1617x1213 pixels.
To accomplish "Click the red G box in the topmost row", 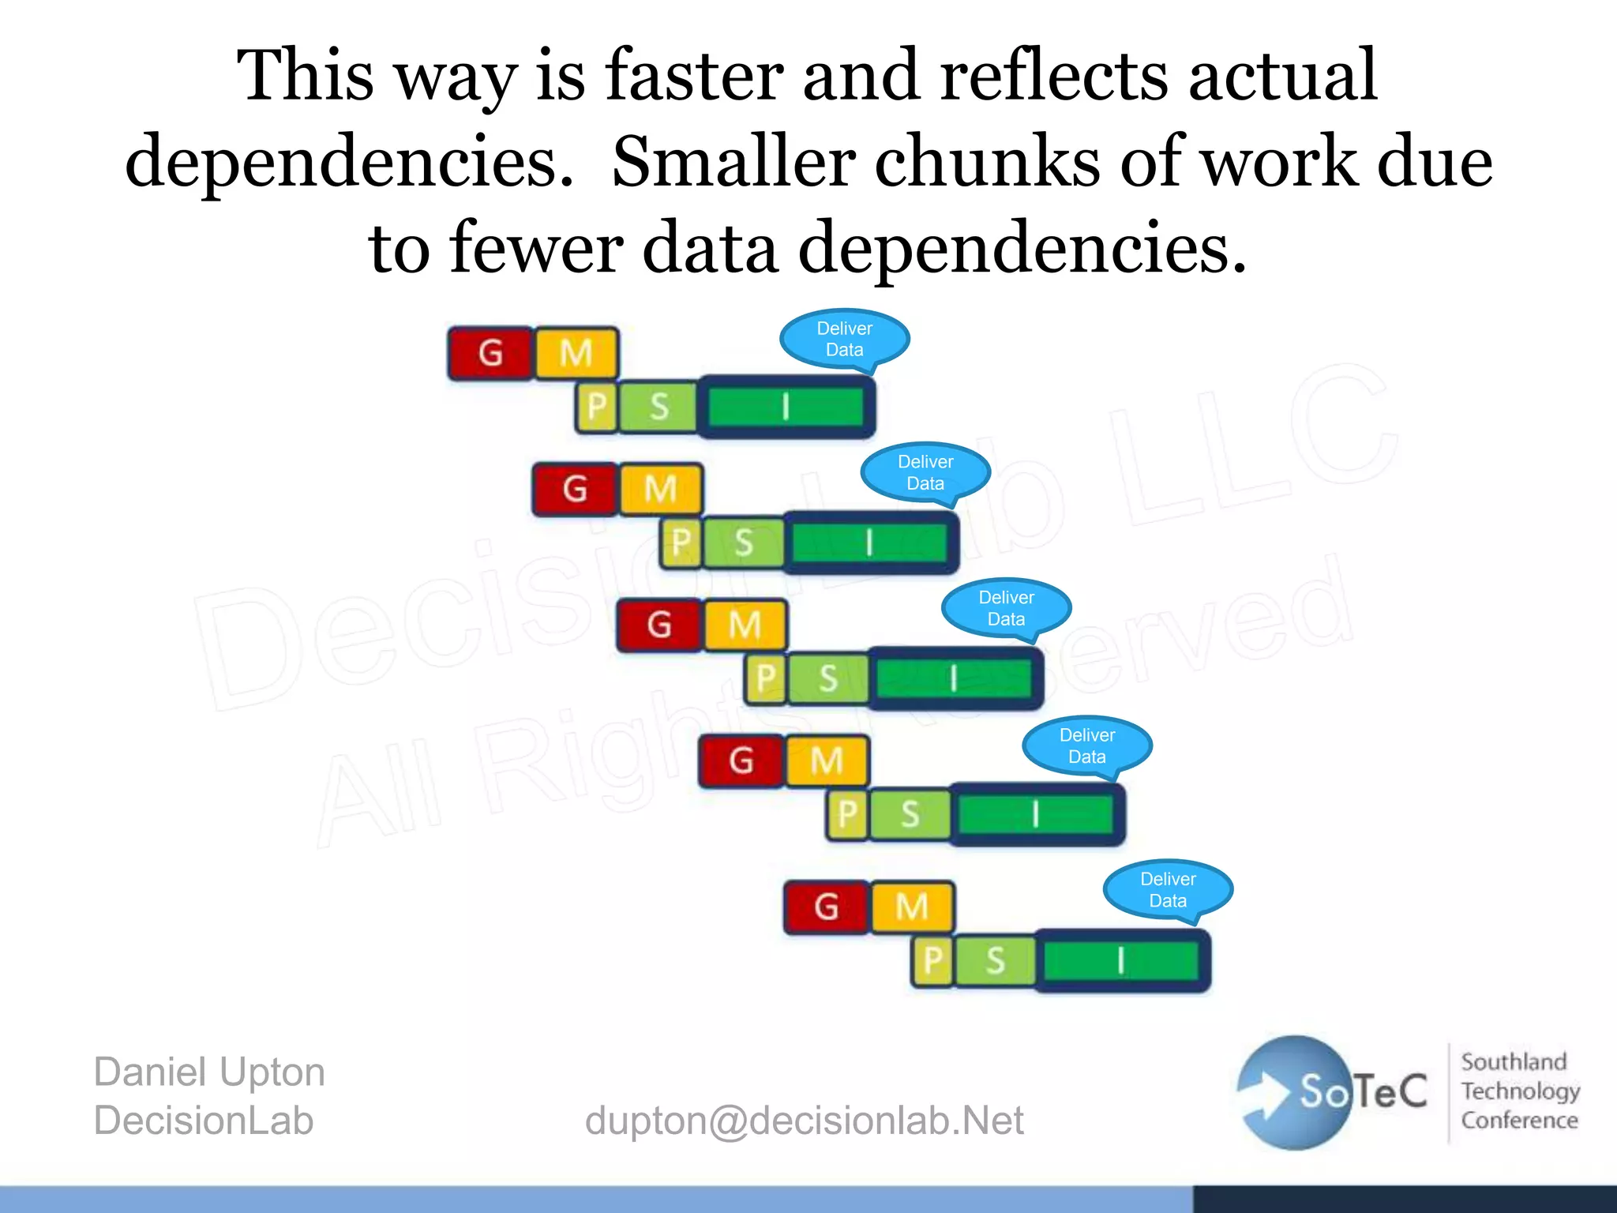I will pyautogui.click(x=490, y=353).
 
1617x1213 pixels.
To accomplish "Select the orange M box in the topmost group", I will pyautogui.click(x=576, y=353).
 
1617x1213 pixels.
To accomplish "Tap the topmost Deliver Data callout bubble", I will pyautogui.click(x=844, y=340).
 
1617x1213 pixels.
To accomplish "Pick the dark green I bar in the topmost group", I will pyautogui.click(x=786, y=407).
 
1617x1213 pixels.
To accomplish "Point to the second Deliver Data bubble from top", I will pyautogui.click(x=925, y=472).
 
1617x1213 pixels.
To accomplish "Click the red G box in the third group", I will pyautogui.click(x=659, y=625).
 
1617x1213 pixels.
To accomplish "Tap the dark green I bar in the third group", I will pyautogui.click(x=955, y=678).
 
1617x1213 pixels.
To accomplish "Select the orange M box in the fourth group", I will pyautogui.click(x=827, y=761).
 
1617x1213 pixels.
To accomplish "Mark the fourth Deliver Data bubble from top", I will pyautogui.click(x=1087, y=745).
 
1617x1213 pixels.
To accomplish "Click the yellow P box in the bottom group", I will pyautogui.click(x=933, y=961).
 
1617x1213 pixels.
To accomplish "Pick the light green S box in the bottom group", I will pyautogui.click(x=996, y=961).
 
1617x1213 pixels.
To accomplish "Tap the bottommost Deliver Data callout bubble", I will pyautogui.click(x=1168, y=890).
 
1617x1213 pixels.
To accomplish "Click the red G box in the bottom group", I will pyautogui.click(x=827, y=907).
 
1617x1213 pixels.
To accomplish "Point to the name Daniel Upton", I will pyautogui.click(x=209, y=1072).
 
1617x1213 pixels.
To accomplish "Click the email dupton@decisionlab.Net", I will pyautogui.click(x=804, y=1121).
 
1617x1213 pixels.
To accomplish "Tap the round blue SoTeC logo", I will pyautogui.click(x=1295, y=1092).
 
